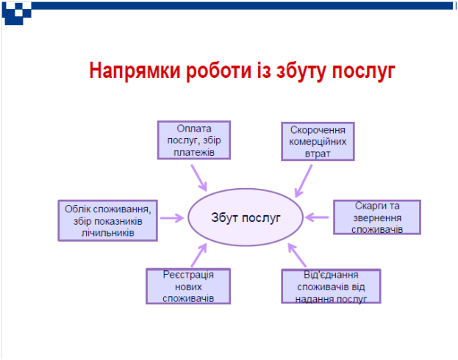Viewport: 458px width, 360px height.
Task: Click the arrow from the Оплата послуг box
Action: tap(199, 178)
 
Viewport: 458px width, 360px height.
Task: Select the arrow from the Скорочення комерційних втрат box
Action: tap(304, 181)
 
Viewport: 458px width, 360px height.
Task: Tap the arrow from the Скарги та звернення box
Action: tap(317, 217)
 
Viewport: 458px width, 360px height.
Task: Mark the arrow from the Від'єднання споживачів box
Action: tap(297, 255)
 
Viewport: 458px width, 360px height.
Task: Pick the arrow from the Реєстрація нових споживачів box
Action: tap(199, 255)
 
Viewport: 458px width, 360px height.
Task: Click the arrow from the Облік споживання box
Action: tap(172, 217)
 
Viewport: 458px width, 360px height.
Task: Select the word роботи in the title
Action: tap(219, 71)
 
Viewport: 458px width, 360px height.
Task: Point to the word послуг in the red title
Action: tap(363, 71)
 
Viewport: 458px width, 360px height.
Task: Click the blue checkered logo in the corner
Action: tap(17, 13)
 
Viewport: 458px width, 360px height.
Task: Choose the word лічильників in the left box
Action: tap(108, 233)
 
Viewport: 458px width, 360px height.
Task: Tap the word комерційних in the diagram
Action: tap(318, 142)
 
